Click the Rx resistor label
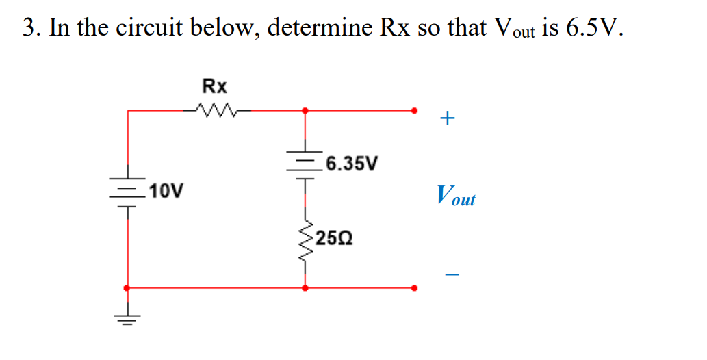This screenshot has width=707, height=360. click(215, 86)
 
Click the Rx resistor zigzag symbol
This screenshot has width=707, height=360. click(215, 109)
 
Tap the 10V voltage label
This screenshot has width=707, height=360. click(167, 190)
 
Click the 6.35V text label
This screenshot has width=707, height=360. click(351, 164)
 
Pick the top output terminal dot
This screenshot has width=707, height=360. click(414, 110)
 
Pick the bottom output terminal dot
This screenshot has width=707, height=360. click(414, 288)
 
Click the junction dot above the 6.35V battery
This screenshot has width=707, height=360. click(305, 110)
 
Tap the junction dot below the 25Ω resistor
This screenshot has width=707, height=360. click(305, 288)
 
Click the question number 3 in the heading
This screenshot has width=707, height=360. click(28, 28)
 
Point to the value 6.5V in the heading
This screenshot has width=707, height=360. click(593, 28)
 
